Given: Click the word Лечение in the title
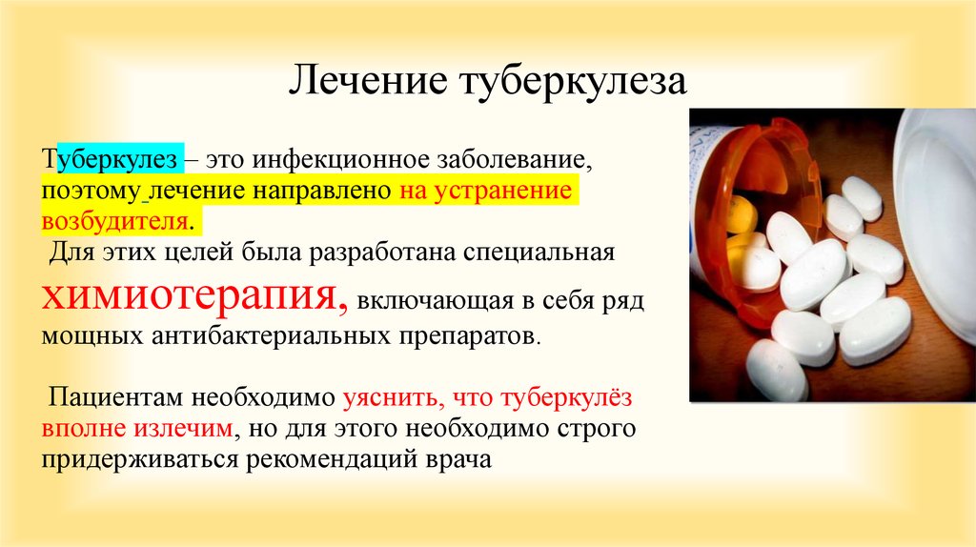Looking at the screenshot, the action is [x=368, y=80].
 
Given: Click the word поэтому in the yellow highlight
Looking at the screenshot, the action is [x=91, y=191].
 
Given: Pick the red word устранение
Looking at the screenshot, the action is [x=502, y=191].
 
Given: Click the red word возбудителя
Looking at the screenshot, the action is [x=114, y=220].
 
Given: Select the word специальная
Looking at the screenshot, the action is [x=539, y=252].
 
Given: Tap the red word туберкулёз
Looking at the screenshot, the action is [x=566, y=397].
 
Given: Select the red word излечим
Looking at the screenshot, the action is [x=183, y=428].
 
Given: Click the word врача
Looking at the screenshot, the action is [x=458, y=460].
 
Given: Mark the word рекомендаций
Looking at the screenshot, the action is [x=334, y=460].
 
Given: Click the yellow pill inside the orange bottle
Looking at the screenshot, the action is [x=742, y=213].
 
